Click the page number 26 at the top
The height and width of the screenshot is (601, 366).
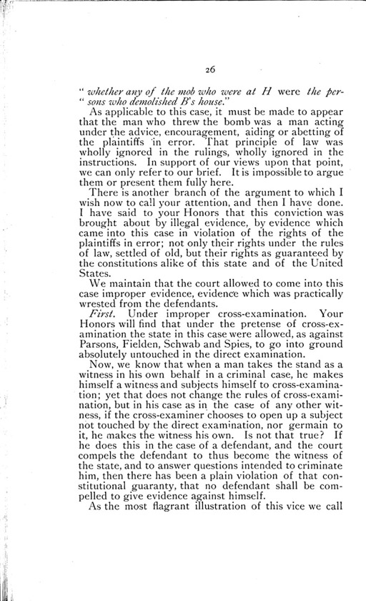[x=208, y=69]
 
